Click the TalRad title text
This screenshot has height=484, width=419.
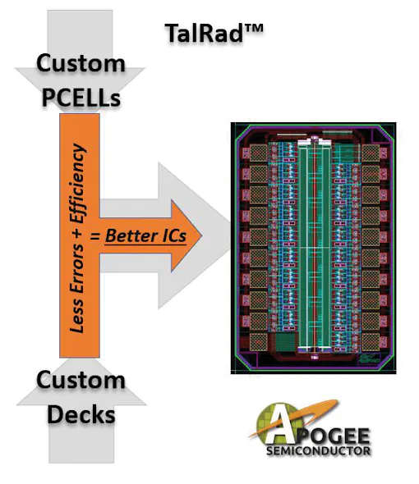click(214, 33)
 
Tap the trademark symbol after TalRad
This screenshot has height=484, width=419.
click(254, 29)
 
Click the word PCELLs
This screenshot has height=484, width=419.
click(81, 98)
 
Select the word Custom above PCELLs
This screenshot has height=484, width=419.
click(81, 63)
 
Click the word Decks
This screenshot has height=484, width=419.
click(81, 414)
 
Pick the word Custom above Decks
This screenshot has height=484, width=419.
click(81, 380)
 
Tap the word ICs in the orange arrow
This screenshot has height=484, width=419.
click(174, 235)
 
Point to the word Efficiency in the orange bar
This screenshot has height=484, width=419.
click(77, 183)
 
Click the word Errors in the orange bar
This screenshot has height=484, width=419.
click(76, 268)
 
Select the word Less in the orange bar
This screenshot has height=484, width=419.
click(76, 316)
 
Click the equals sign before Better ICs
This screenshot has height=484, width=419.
click(95, 237)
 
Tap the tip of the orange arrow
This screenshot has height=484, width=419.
click(201, 236)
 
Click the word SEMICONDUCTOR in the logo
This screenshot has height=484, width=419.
click(319, 450)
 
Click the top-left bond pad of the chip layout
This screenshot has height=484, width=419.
click(258, 153)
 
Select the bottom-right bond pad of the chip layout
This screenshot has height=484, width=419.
click(371, 342)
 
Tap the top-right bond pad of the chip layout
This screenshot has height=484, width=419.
click(371, 153)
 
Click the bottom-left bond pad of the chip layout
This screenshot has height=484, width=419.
click(258, 342)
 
